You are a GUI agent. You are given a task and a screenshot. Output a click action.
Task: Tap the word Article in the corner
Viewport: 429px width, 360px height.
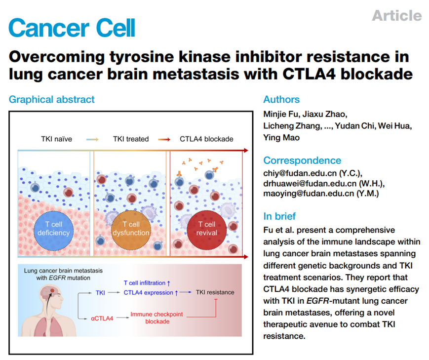click(396, 15)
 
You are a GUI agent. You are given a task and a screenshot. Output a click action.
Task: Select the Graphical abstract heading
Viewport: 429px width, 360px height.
click(52, 99)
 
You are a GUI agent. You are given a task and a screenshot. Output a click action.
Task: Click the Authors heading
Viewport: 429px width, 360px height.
click(281, 99)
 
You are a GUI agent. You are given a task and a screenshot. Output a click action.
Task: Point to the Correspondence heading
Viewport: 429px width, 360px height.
click(302, 160)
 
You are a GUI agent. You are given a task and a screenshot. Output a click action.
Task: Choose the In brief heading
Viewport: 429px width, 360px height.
click(279, 216)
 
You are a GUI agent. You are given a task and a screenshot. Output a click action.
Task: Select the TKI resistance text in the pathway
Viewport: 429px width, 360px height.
click(215, 292)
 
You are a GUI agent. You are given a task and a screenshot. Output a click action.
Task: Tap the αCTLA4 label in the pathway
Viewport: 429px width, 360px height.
click(102, 318)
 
